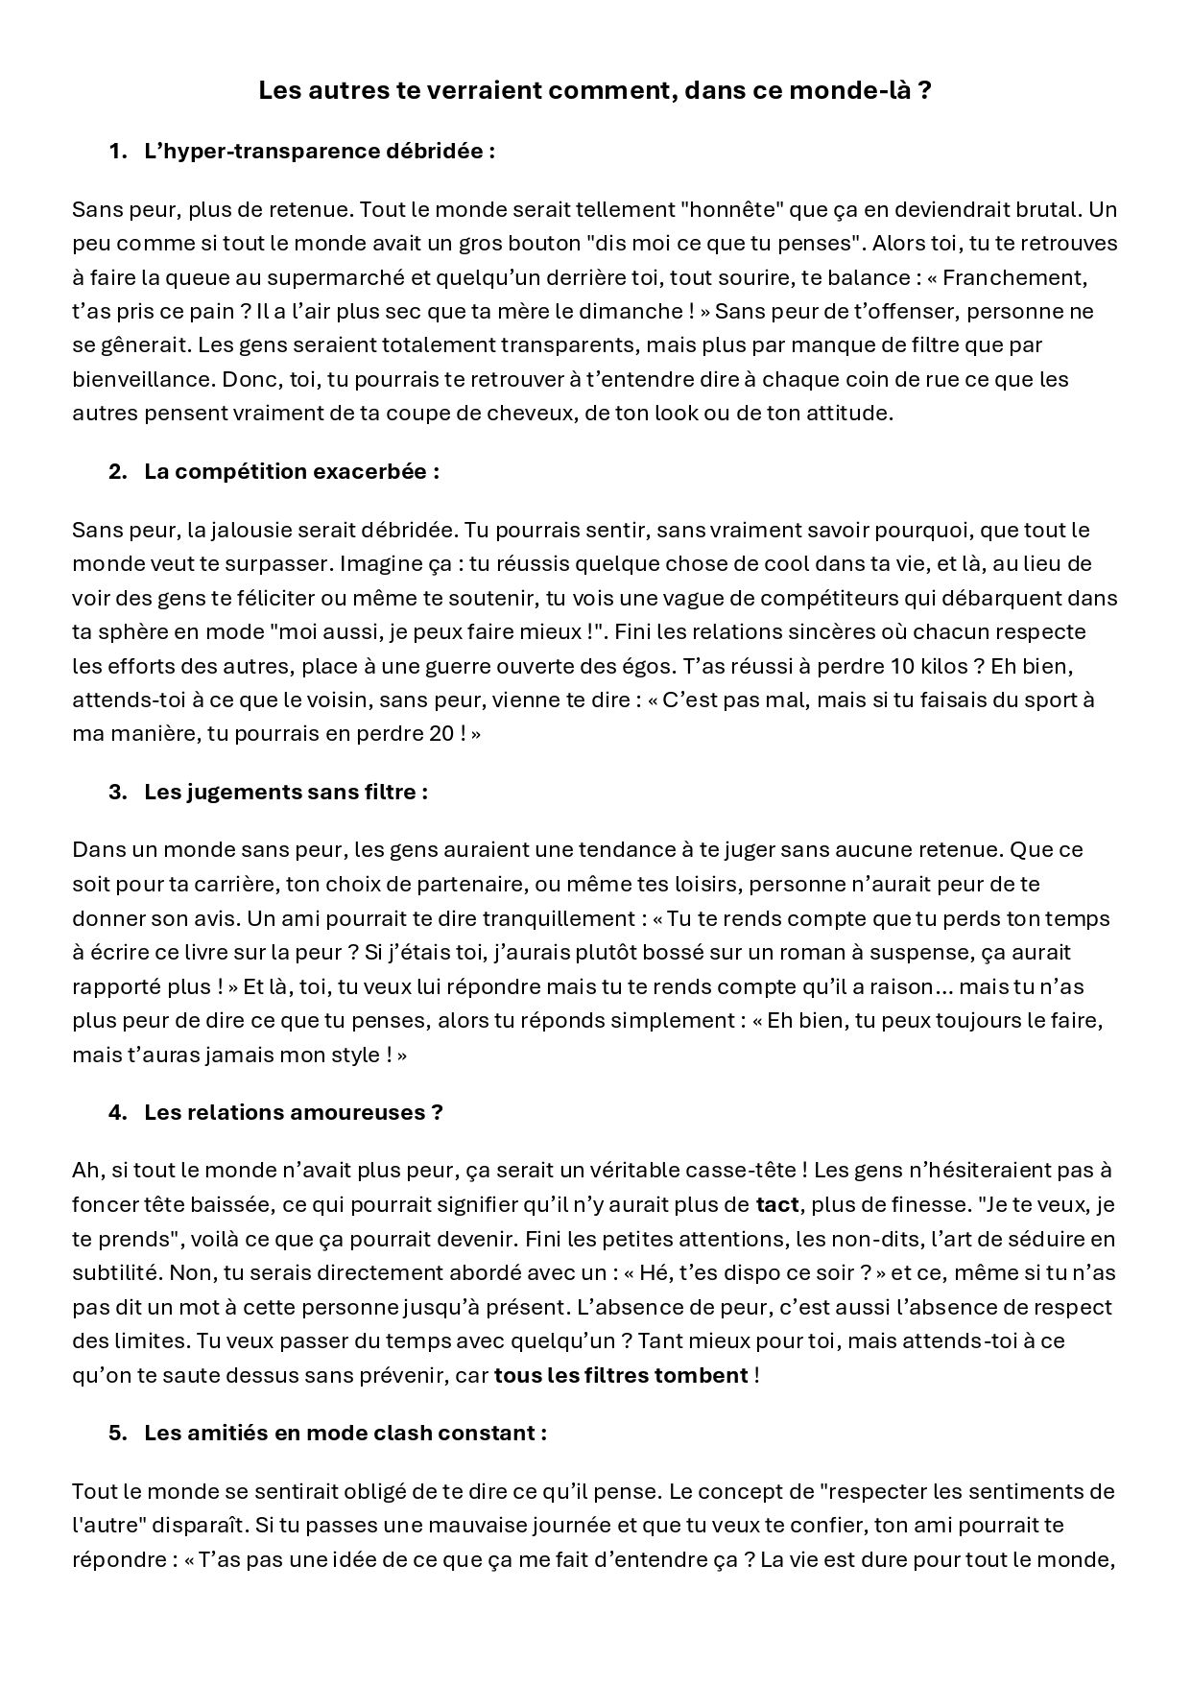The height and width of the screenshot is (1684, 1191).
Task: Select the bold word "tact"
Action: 777,1204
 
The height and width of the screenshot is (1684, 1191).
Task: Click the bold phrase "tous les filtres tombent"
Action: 621,1375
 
